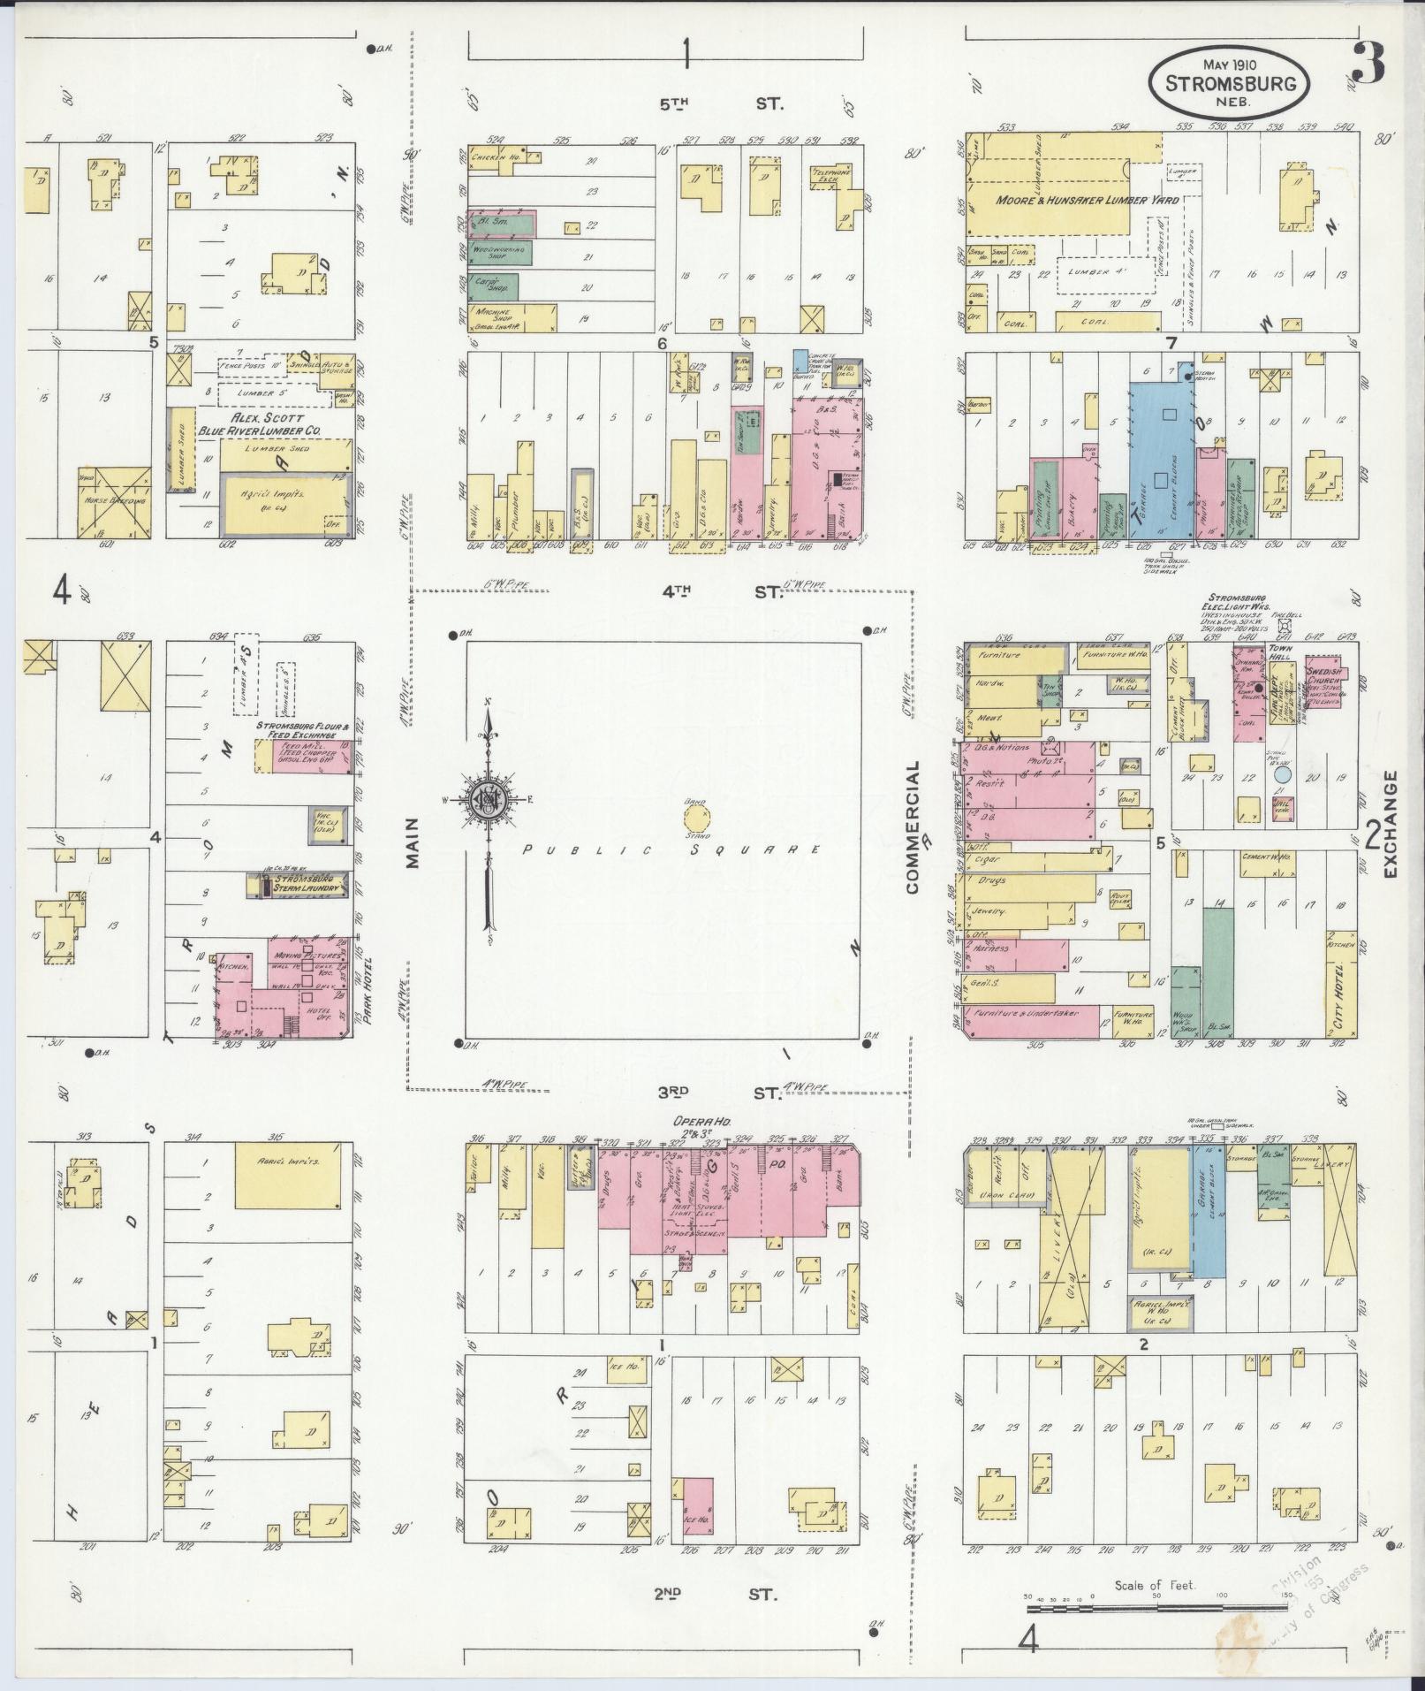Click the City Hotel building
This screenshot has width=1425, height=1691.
tap(1340, 982)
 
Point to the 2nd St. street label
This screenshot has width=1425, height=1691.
tap(716, 1594)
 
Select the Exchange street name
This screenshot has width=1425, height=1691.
tap(1392, 824)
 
